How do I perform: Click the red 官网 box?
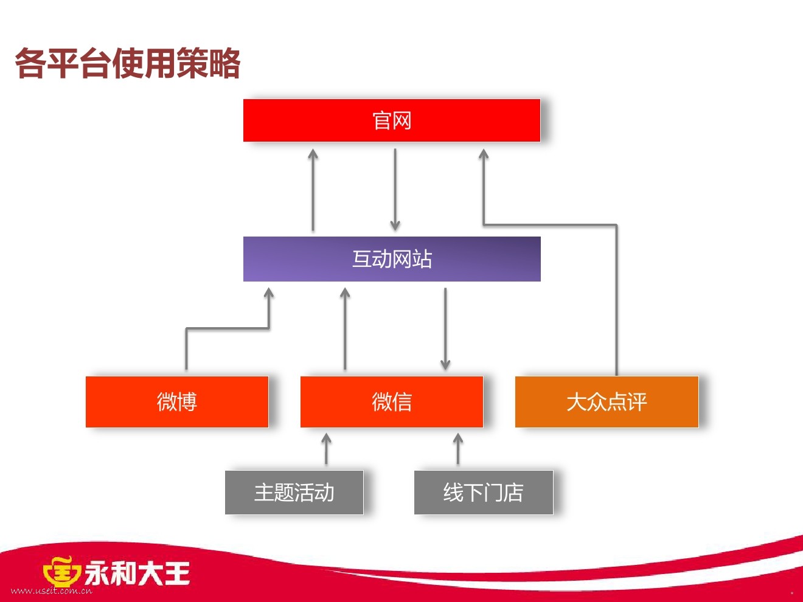coord(391,120)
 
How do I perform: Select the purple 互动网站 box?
coord(391,259)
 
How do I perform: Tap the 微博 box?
coord(176,401)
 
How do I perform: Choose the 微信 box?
coord(391,401)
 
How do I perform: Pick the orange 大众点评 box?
coord(607,401)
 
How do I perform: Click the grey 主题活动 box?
coord(294,492)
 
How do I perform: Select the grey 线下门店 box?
coord(483,492)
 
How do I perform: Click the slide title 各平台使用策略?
coord(128,63)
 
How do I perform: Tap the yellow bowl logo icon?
coord(61,572)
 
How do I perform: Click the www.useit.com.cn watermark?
coord(52,590)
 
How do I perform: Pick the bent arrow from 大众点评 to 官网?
coord(616,292)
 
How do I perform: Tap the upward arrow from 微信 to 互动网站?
coord(345,328)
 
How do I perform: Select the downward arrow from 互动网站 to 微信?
coord(445,328)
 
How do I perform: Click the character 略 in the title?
coord(225,63)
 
